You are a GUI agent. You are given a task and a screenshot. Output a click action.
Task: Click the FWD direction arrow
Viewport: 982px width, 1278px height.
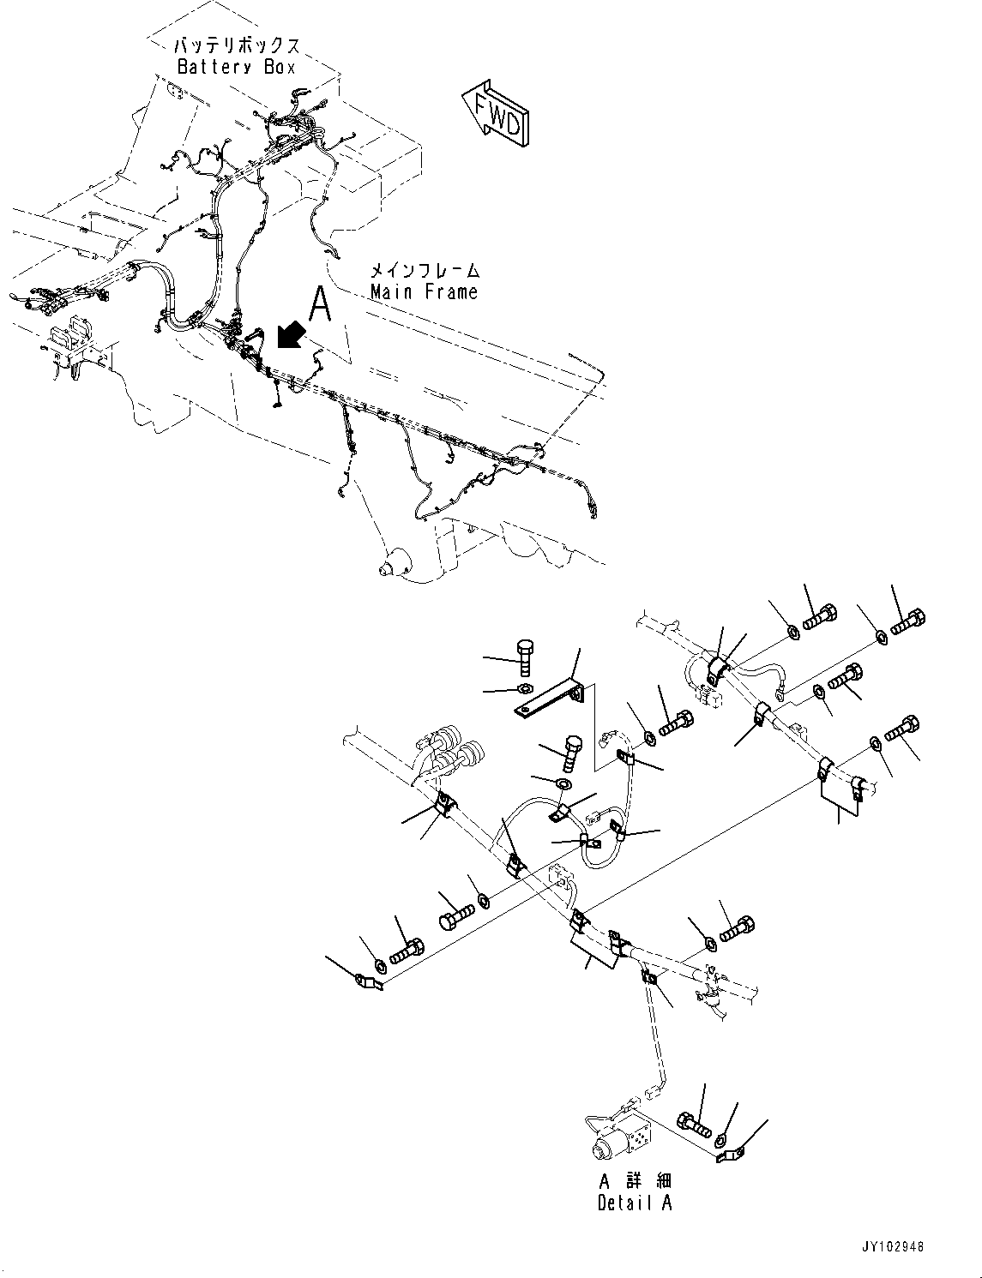click(497, 111)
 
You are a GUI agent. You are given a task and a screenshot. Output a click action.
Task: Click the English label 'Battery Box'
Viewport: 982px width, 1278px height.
click(236, 67)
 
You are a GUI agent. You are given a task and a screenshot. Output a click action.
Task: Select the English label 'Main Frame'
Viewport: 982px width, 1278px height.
click(424, 291)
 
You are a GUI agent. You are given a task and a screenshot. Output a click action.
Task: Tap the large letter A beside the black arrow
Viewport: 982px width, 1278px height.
click(320, 305)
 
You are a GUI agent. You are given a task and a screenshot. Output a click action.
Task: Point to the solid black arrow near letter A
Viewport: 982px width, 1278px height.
click(291, 335)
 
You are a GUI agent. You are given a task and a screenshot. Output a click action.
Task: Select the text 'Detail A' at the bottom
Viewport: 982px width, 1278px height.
click(635, 1203)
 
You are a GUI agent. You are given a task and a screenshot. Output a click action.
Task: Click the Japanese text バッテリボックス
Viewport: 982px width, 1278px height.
click(238, 45)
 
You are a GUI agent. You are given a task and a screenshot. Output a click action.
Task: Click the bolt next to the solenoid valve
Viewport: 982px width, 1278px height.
click(694, 1123)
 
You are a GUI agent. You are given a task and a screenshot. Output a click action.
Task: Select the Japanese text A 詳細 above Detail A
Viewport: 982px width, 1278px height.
click(635, 1182)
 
